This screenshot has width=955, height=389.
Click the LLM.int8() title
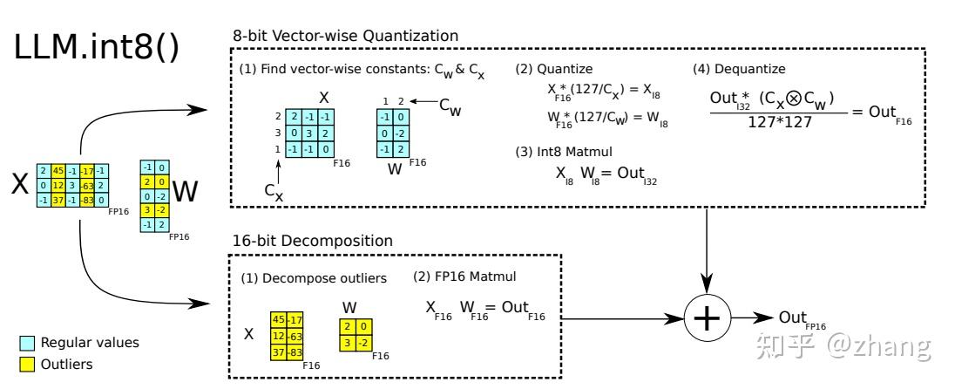(x=97, y=49)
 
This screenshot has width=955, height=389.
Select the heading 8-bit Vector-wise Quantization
(x=345, y=36)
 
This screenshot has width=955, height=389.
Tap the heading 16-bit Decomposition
(x=312, y=240)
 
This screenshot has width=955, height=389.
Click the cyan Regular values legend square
(x=28, y=343)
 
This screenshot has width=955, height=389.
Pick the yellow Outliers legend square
(x=28, y=365)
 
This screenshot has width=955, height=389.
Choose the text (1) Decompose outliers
(x=314, y=278)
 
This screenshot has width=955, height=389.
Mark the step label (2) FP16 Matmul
(x=465, y=277)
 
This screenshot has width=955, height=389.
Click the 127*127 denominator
(x=779, y=122)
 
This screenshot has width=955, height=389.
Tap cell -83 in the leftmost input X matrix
(x=86, y=201)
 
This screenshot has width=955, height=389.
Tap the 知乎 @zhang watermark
(x=846, y=346)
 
